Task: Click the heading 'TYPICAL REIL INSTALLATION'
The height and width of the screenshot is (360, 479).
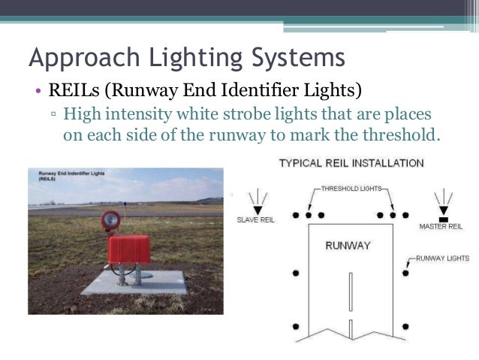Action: [351, 163]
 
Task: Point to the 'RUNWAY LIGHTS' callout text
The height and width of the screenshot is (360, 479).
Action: [442, 259]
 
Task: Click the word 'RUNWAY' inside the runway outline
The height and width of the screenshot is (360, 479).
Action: [348, 246]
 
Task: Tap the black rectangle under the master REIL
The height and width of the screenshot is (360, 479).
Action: [443, 217]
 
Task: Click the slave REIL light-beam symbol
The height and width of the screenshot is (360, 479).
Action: [257, 200]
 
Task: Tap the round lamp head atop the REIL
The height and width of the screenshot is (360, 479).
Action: [110, 221]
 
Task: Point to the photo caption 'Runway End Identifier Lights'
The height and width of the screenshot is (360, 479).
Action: [71, 174]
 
